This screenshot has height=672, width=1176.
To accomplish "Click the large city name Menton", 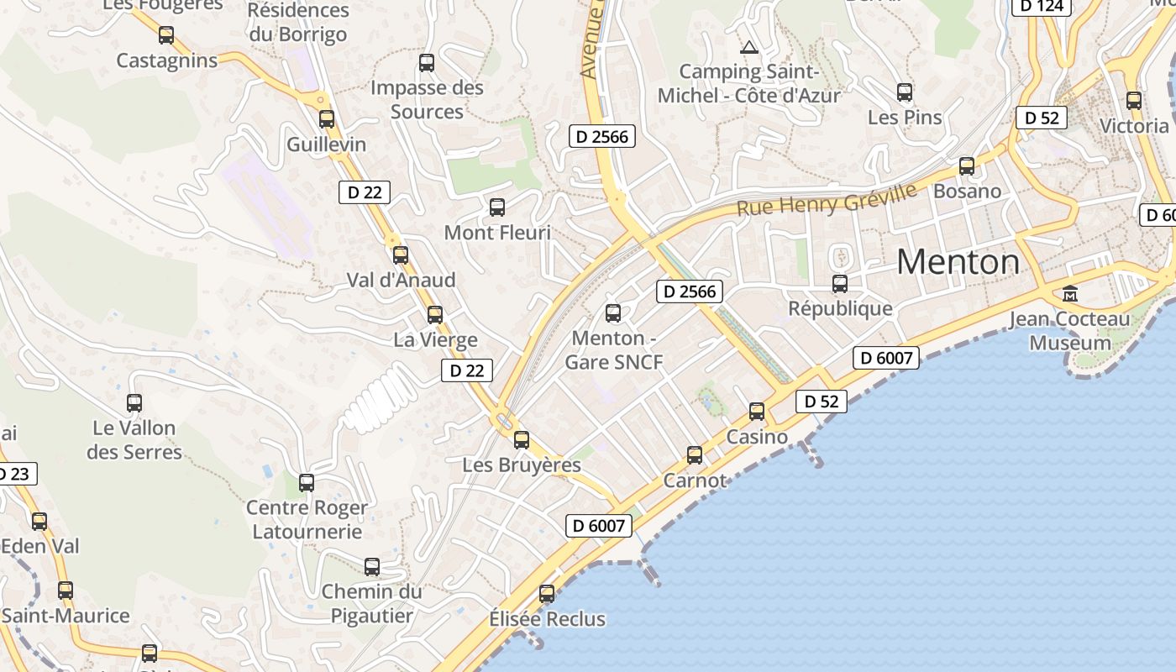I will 958,262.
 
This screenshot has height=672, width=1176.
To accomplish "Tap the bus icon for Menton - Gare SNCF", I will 613,313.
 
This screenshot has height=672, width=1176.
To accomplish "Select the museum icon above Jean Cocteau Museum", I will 1070,294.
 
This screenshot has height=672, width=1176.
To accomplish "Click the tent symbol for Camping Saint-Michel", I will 749,47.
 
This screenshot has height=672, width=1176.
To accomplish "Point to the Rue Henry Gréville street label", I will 827,200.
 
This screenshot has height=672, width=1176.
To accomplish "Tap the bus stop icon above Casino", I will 757,412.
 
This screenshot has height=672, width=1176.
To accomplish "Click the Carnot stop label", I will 695,480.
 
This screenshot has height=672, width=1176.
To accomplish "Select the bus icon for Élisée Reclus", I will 547,594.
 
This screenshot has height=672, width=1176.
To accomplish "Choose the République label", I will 840,308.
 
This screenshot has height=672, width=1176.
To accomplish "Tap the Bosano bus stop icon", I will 967,166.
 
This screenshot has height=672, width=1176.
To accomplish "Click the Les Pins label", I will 905,117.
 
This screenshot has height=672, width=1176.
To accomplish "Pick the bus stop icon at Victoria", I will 1134,101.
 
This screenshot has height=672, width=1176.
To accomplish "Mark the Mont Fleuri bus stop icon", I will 497,207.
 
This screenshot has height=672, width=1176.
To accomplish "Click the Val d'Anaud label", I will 402,280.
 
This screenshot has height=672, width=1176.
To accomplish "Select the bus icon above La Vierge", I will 435,315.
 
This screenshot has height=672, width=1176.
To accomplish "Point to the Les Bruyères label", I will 522,465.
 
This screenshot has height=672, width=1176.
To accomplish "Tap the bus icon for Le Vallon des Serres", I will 134,403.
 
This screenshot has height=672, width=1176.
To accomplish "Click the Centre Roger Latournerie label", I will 307,519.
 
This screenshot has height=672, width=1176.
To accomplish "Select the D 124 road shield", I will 1042,7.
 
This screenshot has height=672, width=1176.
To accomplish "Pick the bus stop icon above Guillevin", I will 327,119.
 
